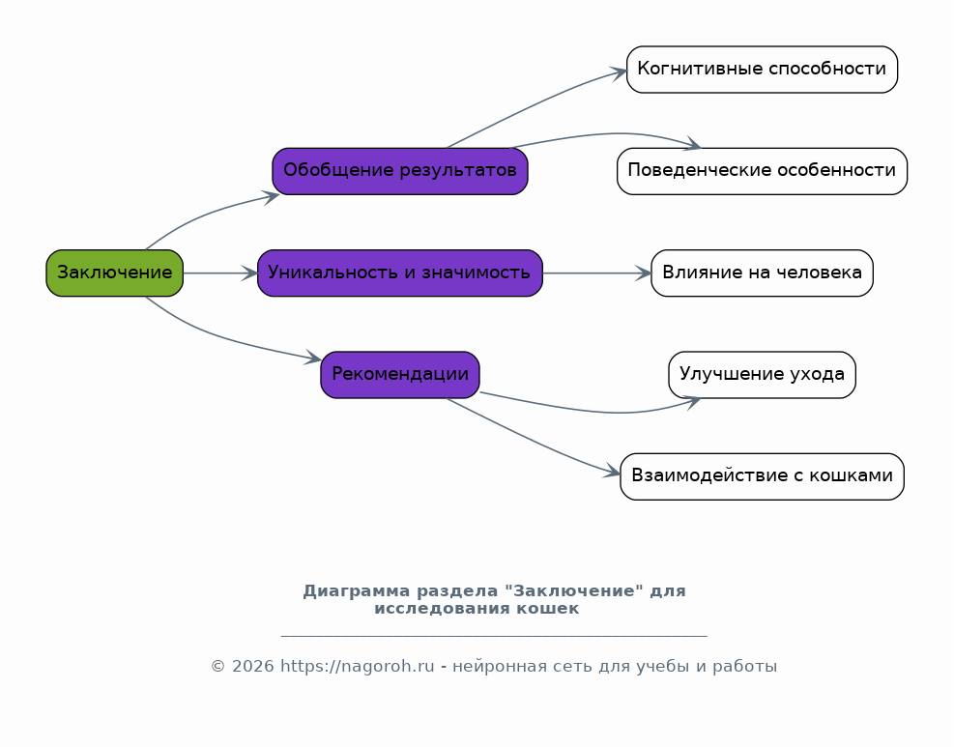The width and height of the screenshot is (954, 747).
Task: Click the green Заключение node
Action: [x=114, y=273]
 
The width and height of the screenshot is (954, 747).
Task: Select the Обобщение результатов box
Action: [x=400, y=171]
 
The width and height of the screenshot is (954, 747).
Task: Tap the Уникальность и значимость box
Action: [x=400, y=273]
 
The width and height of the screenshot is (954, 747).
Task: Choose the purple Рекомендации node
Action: [x=400, y=375]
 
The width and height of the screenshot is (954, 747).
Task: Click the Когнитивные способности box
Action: [x=762, y=70]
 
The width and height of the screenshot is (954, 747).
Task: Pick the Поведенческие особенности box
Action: [x=762, y=171]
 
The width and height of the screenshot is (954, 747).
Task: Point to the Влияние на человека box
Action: [x=762, y=273]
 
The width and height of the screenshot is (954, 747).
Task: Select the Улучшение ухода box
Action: [x=762, y=375]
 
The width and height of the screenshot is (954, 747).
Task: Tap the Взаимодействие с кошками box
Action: [x=762, y=476]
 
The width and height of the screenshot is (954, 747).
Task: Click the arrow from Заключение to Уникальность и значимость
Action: [x=220, y=273]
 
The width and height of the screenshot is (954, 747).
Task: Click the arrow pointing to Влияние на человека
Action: [x=597, y=273]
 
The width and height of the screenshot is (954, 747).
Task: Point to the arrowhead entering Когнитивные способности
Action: [x=620, y=73]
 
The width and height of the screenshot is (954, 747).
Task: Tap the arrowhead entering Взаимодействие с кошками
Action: [x=612, y=471]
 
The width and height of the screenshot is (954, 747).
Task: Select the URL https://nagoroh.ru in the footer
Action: [x=357, y=666]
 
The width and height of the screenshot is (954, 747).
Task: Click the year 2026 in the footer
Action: [x=252, y=666]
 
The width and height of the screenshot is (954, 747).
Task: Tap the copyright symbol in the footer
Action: [x=217, y=666]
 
